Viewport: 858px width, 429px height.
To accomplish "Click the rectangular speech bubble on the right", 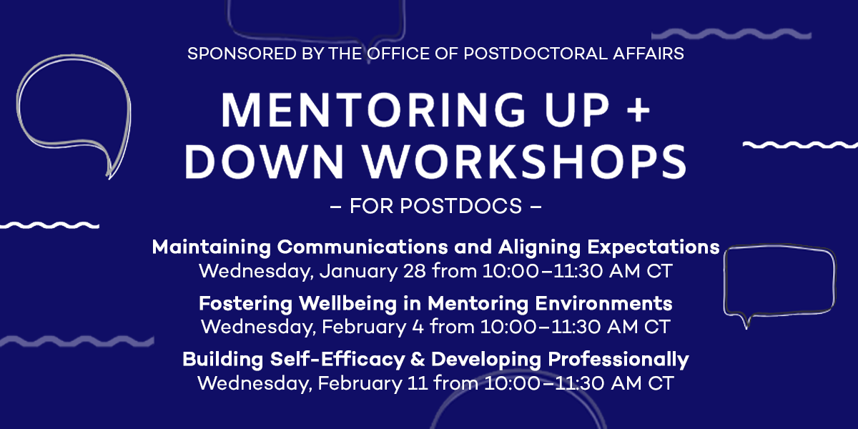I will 779,281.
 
